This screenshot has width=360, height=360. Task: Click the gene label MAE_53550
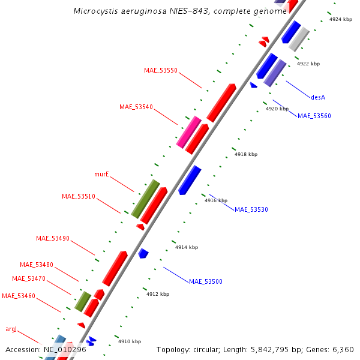click(x=161, y=70)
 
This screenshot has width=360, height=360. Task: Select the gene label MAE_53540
click(x=136, y=107)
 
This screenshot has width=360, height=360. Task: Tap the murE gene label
click(x=101, y=174)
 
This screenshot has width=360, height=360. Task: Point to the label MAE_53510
click(x=79, y=196)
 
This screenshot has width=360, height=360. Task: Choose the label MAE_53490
click(x=53, y=238)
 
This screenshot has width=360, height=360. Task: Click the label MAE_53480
click(x=37, y=265)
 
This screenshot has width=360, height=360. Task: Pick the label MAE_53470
click(x=29, y=278)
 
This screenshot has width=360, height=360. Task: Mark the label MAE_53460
click(x=19, y=296)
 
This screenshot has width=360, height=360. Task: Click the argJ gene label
click(x=11, y=329)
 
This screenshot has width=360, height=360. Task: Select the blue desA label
click(x=318, y=97)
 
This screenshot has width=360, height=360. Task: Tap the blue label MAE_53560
click(x=314, y=116)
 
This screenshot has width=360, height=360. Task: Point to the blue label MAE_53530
click(x=251, y=209)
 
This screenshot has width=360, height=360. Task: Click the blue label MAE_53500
click(x=206, y=281)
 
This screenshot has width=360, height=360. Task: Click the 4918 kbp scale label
click(x=246, y=154)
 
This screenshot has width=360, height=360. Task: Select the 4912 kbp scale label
click(x=158, y=294)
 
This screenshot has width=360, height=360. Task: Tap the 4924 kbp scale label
click(x=341, y=19)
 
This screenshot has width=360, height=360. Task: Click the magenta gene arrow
click(x=189, y=132)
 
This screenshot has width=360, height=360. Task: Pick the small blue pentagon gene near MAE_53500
click(x=143, y=253)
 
